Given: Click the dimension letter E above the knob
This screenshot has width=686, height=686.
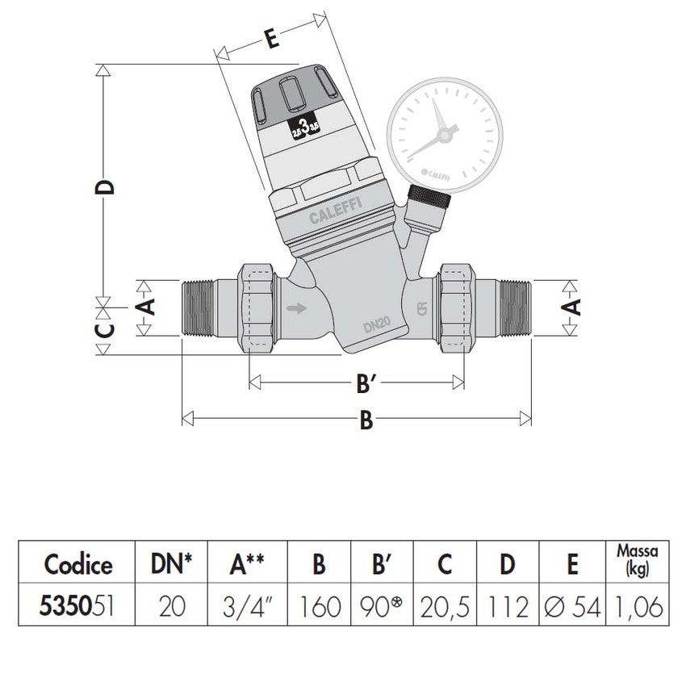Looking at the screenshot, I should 272,40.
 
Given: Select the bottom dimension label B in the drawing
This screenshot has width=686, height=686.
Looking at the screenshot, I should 366,420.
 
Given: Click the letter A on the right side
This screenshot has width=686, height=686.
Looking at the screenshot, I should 571,307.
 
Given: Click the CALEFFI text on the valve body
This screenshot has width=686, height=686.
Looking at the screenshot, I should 337,212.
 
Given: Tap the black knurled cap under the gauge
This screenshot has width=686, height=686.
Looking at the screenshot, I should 427,198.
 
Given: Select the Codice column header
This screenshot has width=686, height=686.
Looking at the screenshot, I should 78,563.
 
